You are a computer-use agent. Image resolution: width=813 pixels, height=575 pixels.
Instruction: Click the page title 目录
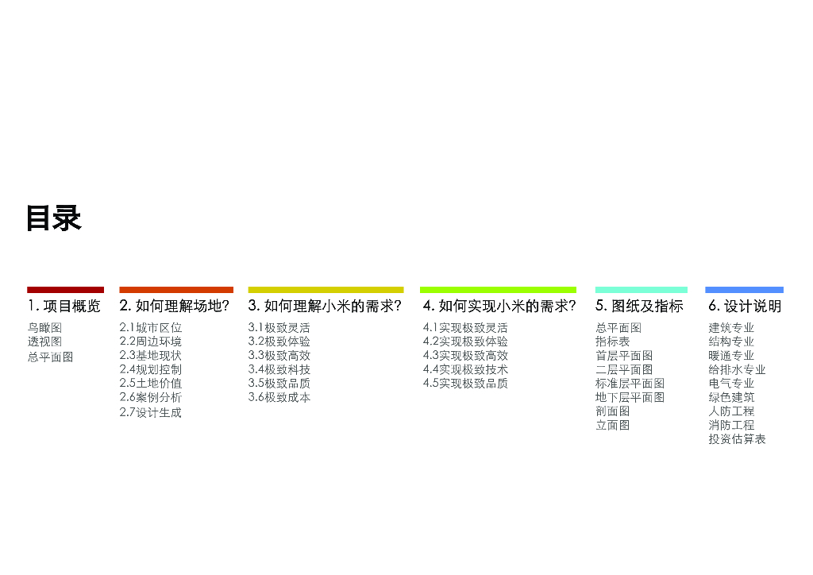coord(54,218)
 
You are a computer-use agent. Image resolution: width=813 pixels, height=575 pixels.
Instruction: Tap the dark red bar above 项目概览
coord(65,290)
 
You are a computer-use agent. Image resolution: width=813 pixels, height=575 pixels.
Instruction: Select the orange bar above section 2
coord(176,290)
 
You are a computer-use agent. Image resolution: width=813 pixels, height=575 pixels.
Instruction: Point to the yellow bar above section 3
coord(326,290)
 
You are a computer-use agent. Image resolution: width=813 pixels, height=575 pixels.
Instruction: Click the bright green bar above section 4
coord(498,290)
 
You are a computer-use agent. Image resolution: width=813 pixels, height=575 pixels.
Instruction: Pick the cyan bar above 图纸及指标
coord(641,290)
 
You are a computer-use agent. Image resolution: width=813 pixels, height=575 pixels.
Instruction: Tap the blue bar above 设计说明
coord(744,290)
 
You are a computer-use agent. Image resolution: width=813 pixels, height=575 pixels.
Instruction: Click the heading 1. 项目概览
coord(64,307)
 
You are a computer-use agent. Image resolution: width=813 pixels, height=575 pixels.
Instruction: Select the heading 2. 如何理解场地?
coord(175,307)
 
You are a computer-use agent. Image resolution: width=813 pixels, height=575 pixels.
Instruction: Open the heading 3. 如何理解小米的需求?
coord(325,307)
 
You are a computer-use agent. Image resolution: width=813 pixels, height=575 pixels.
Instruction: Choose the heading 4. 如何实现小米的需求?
coord(499,307)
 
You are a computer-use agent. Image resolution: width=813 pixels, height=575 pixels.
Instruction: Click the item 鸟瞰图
coord(44,328)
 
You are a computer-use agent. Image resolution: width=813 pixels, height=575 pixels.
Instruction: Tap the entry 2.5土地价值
coord(151,384)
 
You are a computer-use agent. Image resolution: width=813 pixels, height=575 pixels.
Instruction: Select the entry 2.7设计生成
coord(151,412)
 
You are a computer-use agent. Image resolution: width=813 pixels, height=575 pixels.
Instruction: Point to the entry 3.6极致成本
coord(279,397)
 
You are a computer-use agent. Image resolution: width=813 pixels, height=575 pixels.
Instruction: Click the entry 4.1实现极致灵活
coord(465,328)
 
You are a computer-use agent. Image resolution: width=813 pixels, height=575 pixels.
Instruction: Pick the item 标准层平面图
coord(630,384)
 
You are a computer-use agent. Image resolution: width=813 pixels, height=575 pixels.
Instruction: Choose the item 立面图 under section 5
coord(612,426)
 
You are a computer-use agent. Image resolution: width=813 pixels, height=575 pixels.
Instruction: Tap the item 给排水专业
coord(737,370)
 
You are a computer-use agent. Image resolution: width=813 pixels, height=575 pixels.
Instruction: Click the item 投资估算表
coord(737,439)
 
